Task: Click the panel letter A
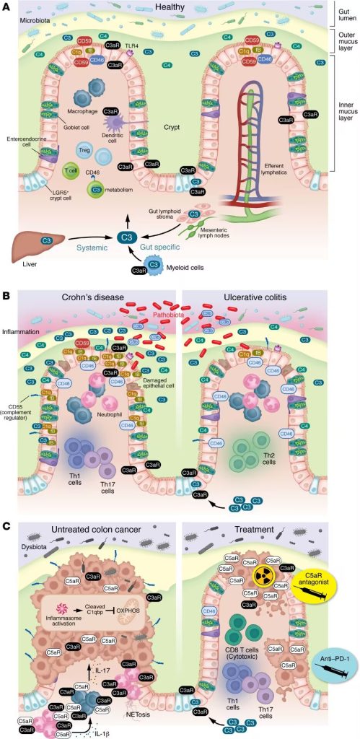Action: click(x=6, y=7)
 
